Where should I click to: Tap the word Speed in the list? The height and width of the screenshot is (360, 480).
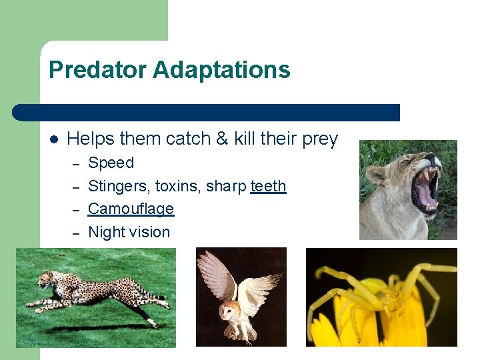(x=111, y=163)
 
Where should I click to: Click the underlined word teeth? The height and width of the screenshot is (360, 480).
(x=268, y=186)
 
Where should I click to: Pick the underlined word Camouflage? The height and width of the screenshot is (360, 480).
(x=131, y=209)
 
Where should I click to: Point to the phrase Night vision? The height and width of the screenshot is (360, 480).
(x=129, y=232)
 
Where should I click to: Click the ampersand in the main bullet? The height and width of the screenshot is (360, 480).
(x=221, y=139)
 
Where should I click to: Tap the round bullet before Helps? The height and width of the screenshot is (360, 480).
(x=54, y=139)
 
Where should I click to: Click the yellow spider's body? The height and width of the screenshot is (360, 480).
(x=387, y=293)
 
